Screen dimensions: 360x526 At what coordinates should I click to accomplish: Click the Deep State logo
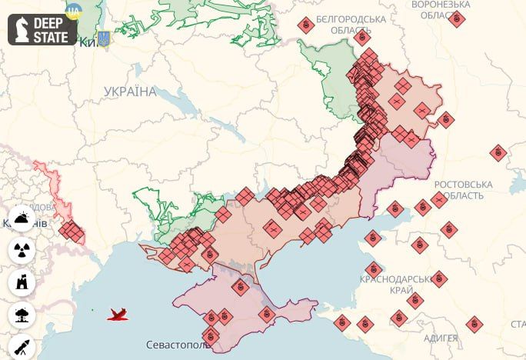43,29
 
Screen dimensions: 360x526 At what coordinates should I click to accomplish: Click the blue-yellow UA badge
74,11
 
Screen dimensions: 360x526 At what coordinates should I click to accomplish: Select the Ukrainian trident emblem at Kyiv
103,39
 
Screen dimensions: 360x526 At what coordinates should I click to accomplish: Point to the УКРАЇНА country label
130,92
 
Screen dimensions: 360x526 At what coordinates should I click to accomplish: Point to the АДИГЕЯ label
441,338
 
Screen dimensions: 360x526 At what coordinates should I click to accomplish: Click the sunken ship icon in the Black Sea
118,314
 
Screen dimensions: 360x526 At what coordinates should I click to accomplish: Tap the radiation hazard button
21,250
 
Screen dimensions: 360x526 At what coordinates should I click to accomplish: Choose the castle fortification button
21,282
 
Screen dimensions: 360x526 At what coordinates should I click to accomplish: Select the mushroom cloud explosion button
21,315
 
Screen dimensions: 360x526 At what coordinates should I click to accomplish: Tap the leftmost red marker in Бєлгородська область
306,25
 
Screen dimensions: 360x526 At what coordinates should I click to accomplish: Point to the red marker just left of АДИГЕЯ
398,317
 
